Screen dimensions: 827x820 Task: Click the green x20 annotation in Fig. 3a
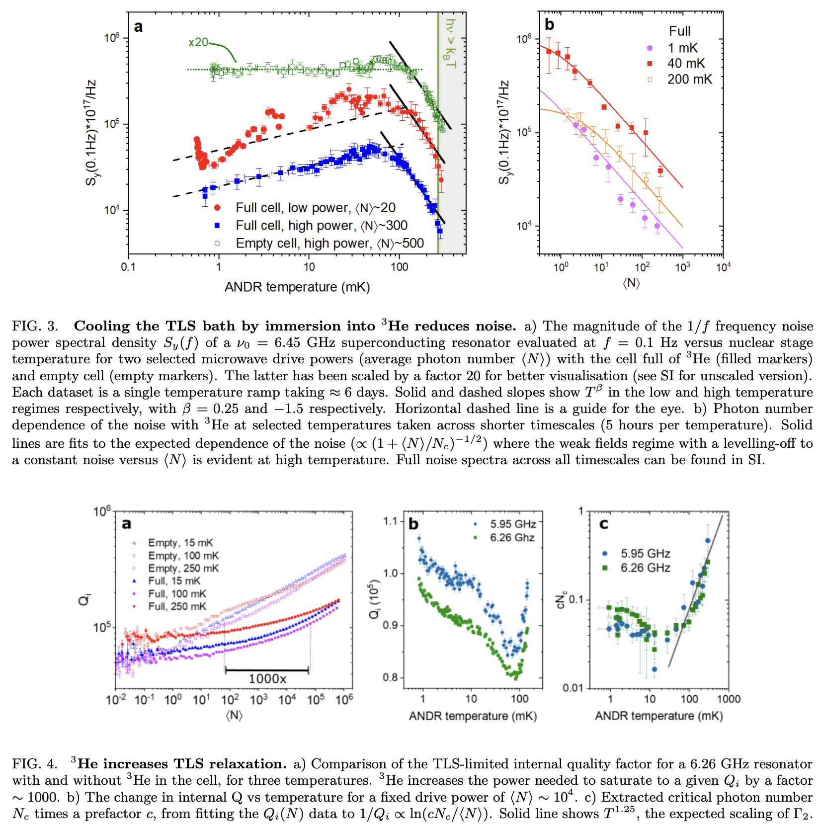[198, 42]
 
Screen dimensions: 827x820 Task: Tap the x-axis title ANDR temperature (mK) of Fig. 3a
[297, 287]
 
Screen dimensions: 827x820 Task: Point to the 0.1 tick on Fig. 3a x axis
[128, 267]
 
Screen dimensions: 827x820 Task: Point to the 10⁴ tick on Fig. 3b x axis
[723, 267]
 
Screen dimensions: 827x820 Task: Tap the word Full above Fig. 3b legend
[679, 31]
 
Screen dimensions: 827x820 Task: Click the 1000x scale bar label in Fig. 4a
[267, 679]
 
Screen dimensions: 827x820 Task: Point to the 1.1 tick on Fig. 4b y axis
[391, 521]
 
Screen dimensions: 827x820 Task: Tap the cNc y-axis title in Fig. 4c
[561, 600]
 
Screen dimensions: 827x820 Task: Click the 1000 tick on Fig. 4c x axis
[728, 699]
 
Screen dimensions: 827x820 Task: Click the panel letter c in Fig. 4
[604, 524]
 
